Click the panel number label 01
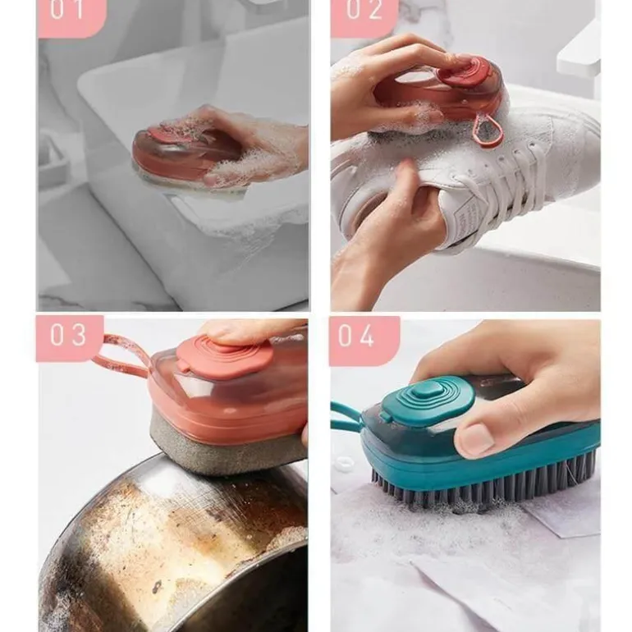(x=66, y=10)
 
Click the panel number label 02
(x=364, y=10)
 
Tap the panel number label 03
(x=68, y=335)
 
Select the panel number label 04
(x=356, y=336)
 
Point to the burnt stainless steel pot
(x=173, y=544)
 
